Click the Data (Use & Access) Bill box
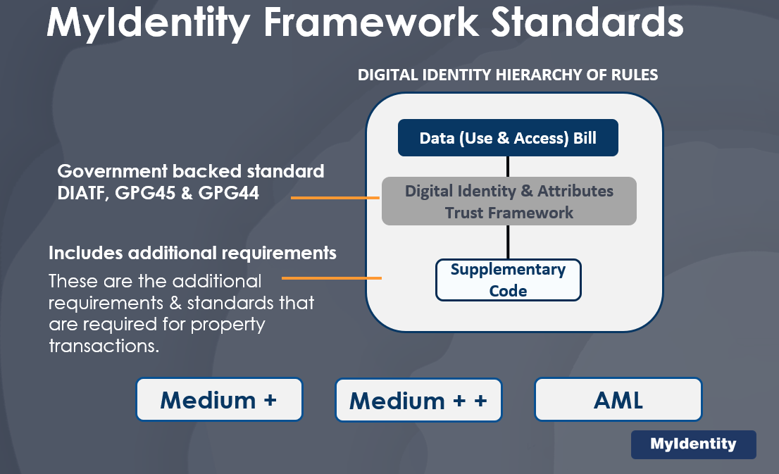click(x=508, y=137)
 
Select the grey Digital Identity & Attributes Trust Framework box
click(x=509, y=201)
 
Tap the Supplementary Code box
click(x=508, y=280)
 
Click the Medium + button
click(x=219, y=399)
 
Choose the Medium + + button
click(x=418, y=400)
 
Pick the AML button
click(x=618, y=399)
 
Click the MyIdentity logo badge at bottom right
click(x=693, y=444)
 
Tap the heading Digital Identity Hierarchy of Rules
click(x=508, y=75)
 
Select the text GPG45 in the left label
click(x=140, y=192)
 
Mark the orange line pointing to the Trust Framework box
click(x=335, y=198)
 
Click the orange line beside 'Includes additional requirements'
click(x=331, y=277)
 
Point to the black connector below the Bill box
click(x=508, y=166)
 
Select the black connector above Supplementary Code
click(x=508, y=242)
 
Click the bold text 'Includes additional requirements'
click(x=192, y=252)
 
